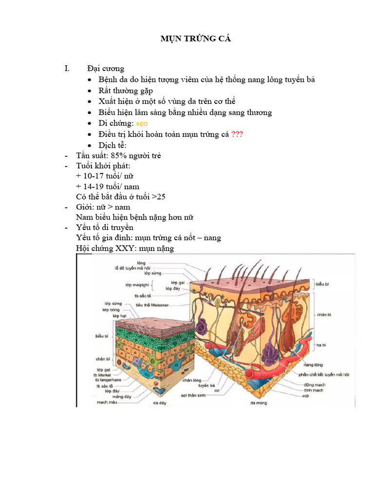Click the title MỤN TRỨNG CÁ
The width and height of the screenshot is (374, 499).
(x=188, y=39)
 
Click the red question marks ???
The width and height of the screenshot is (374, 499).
(x=237, y=134)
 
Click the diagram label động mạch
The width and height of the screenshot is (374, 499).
(x=314, y=384)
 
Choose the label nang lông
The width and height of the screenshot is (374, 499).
(x=315, y=364)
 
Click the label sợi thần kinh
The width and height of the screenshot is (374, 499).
(x=194, y=396)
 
